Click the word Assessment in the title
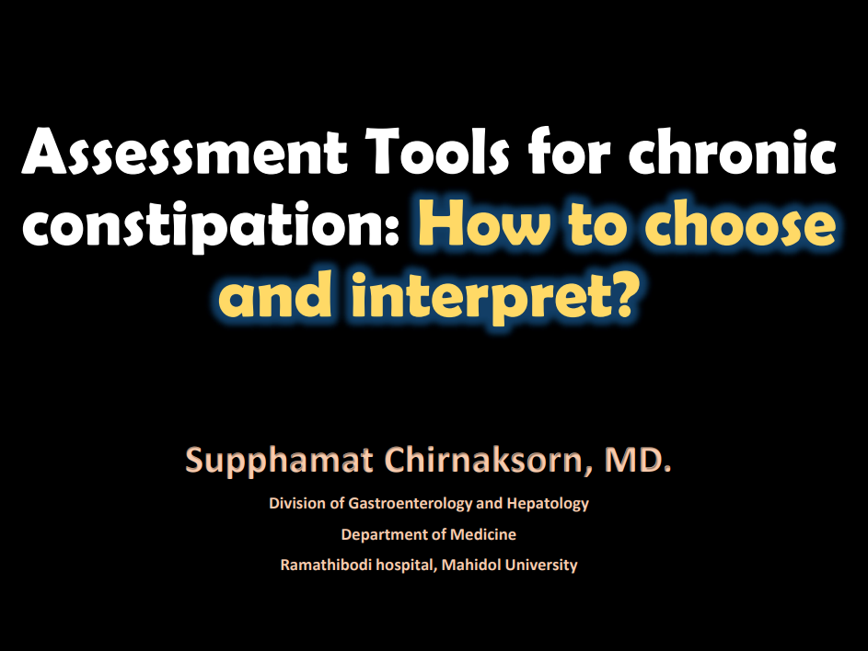(184, 151)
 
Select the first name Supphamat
(279, 461)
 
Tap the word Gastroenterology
(411, 503)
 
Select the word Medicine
(482, 534)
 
